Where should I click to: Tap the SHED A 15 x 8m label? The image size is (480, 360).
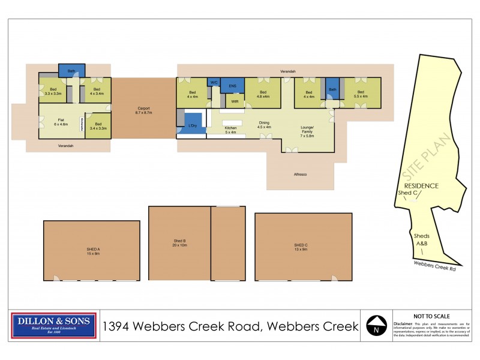tap(92, 250)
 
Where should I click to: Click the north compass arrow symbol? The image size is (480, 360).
tap(376, 327)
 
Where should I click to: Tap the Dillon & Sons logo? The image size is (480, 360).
tap(54, 326)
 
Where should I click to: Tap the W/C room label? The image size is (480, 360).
tap(214, 82)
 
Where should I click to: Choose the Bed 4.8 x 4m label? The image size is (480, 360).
tap(263, 94)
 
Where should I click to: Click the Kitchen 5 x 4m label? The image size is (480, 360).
tap(231, 130)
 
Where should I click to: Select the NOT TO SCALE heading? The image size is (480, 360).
tap(432, 316)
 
